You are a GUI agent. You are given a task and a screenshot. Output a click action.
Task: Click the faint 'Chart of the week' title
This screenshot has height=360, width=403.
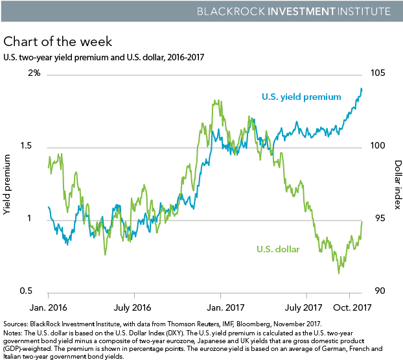58,43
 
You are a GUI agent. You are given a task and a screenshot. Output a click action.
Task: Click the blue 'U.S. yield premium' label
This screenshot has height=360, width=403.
301,97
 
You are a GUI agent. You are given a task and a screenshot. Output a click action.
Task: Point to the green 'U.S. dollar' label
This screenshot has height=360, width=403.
278,248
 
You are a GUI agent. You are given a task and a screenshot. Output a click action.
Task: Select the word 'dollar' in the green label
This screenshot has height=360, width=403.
287,248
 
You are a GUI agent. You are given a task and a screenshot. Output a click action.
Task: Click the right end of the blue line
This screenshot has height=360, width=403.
362,88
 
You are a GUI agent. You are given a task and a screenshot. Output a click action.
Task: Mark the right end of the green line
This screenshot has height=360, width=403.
362,221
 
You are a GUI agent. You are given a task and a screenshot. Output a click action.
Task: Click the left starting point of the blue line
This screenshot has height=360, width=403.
49,208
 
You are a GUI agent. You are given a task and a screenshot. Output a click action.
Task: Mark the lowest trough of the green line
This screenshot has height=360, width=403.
339,273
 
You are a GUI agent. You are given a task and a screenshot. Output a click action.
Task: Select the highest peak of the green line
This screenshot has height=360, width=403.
214,101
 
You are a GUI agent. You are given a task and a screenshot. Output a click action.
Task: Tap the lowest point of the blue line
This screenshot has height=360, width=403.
67,245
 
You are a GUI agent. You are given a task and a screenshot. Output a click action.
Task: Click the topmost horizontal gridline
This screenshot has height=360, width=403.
204,75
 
